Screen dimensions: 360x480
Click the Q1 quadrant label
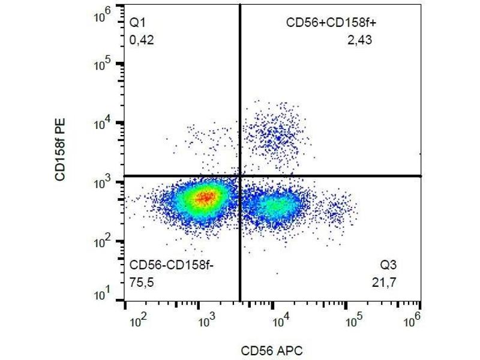coord(138,23)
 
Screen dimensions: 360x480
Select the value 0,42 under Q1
coord(142,41)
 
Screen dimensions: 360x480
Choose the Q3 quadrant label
coord(388,265)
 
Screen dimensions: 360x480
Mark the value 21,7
coord(385,282)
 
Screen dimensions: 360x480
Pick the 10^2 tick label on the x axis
coord(139,322)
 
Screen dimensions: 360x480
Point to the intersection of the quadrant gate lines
coord(240,176)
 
